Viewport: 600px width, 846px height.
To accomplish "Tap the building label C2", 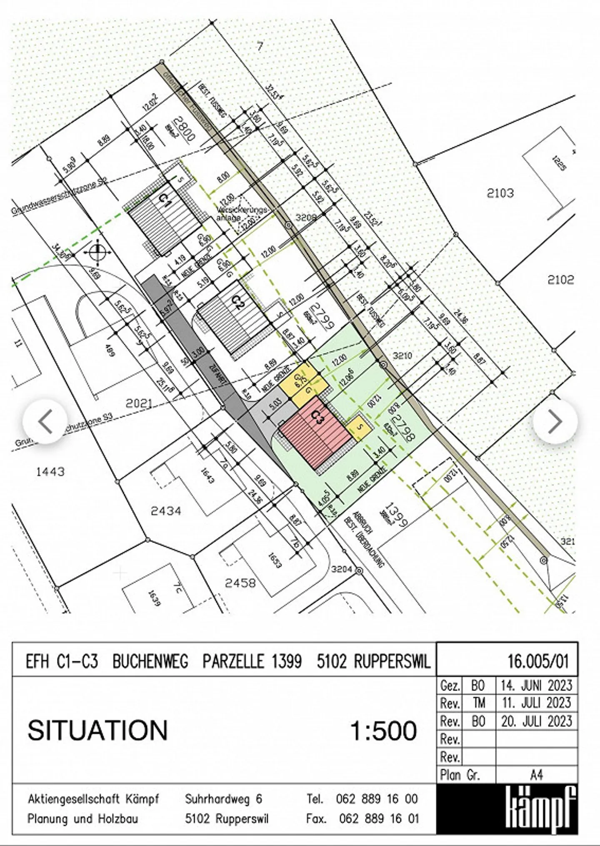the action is (237, 302).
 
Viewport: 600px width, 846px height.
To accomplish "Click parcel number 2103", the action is (500, 193).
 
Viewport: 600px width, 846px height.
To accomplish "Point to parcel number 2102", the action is (560, 279).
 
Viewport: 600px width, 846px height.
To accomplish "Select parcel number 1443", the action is (50, 472).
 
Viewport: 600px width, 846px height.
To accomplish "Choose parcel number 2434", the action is (166, 510).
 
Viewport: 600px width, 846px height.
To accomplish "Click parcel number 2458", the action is (240, 582).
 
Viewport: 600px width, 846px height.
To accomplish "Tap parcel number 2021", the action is (139, 403).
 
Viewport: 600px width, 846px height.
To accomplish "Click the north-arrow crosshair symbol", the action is (97, 252).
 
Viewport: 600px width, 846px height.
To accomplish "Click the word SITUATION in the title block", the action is (97, 731).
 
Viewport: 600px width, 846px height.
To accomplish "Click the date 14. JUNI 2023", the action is (537, 685).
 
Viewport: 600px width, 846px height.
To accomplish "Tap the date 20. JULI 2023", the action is (537, 721).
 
